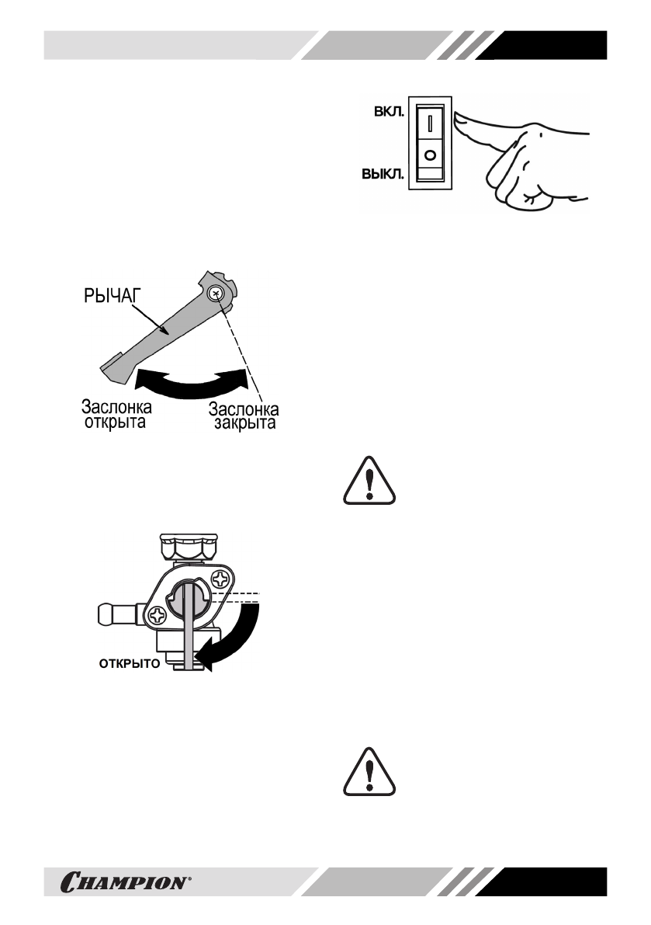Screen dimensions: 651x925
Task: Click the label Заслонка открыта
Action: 116,416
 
